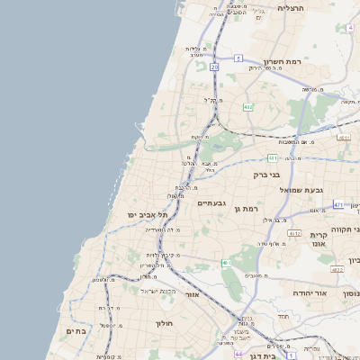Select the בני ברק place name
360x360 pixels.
(x=269, y=174)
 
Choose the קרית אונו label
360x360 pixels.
(x=318, y=240)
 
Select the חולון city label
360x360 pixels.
(x=163, y=322)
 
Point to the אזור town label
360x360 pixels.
(x=191, y=294)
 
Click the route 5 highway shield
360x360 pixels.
(x=238, y=58)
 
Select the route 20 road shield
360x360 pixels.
(x=214, y=67)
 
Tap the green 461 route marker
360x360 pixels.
(x=225, y=263)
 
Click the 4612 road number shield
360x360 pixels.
(x=293, y=233)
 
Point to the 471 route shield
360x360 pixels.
(x=338, y=205)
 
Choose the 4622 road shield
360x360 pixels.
(x=337, y=268)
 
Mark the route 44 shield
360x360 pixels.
(x=238, y=354)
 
